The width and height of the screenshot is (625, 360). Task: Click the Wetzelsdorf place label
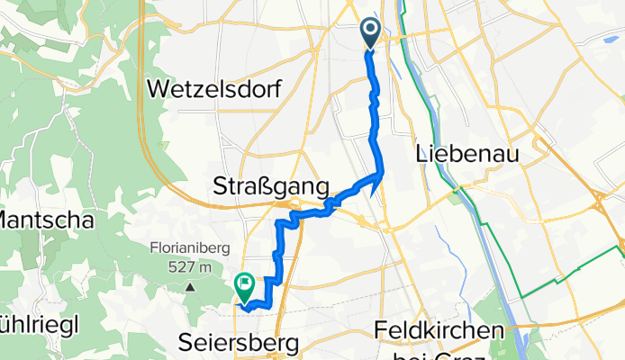pos(213,90)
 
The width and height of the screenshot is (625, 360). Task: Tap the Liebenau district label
pos(469,155)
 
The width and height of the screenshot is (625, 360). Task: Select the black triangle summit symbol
pos(191,287)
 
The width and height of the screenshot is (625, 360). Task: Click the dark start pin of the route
pos(372,34)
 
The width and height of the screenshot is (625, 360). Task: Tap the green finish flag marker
pos(244,286)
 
